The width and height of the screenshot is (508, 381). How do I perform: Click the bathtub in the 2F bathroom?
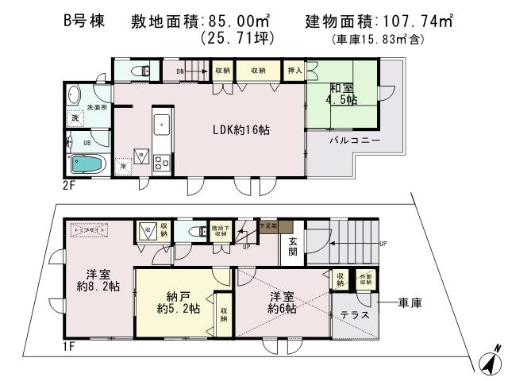coord(87,164)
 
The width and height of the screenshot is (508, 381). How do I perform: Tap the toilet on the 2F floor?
coord(143,71)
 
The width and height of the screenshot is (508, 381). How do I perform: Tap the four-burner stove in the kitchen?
coord(161,163)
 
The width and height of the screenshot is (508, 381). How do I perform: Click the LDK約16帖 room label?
coord(235,129)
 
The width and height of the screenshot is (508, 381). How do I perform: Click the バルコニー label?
coord(355,140)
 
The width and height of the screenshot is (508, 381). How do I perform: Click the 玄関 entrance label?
coord(292,248)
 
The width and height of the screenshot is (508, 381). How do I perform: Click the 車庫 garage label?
coord(409,302)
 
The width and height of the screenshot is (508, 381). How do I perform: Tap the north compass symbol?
coord(491,359)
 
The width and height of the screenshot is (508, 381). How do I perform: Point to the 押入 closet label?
coord(294,71)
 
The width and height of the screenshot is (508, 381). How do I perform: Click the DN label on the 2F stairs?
coord(180,71)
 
